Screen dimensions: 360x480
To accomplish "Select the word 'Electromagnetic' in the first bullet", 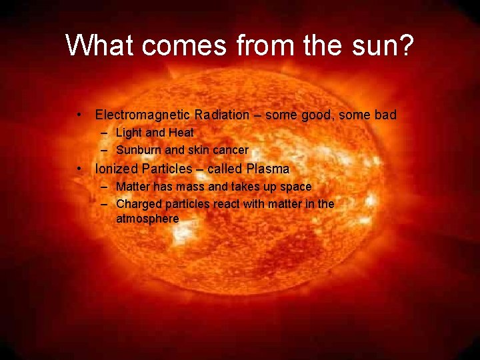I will pos(136,115).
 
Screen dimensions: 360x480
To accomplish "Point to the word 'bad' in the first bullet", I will pos(385,115).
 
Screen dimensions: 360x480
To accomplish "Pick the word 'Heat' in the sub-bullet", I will pos(181,133).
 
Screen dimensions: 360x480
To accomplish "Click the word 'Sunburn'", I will pos(136,150).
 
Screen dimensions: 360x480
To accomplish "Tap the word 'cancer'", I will pos(229,150).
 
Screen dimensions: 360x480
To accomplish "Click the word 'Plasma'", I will pos(268,169).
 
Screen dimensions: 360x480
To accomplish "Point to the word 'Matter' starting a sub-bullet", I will pos(133,187).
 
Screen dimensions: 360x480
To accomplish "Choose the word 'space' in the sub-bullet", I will pos(295,187).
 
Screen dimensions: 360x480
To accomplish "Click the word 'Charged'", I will pos(137,204).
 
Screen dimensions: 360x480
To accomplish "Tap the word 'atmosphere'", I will pos(147,219).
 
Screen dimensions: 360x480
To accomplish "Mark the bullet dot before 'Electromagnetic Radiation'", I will pos(79,115).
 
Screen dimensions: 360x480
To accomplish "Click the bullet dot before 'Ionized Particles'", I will pos(79,169).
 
